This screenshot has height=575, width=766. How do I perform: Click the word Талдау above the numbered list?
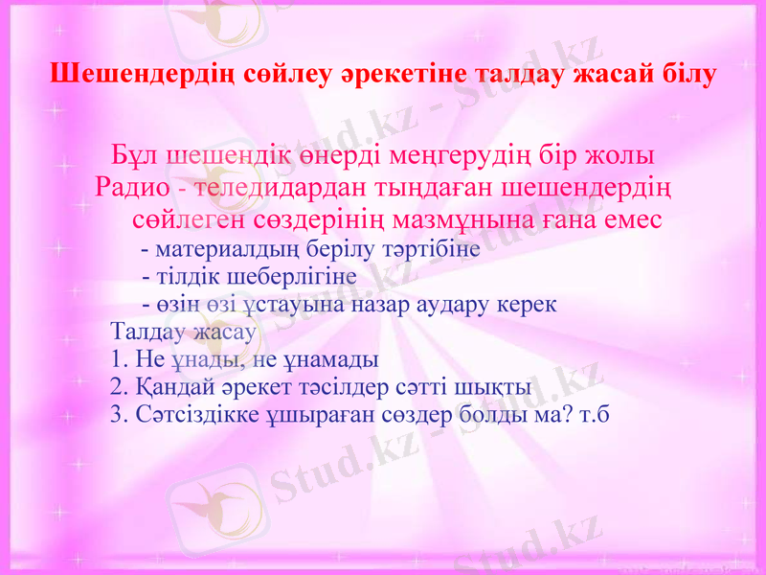pyautogui.click(x=148, y=333)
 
